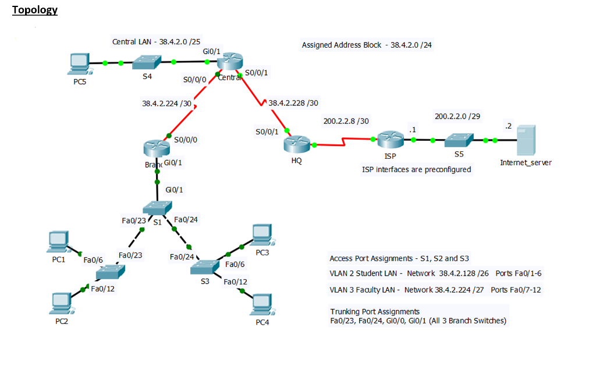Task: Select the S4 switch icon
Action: pos(147,62)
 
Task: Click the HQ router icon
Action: pos(296,144)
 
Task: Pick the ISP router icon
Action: pos(391,140)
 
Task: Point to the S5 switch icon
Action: pos(459,140)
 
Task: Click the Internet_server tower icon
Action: pos(526,140)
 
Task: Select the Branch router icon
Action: pos(157,148)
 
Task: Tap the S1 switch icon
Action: pos(157,208)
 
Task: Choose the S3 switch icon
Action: pos(204,267)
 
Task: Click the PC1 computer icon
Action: pos(59,242)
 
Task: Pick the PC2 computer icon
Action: pos(62,304)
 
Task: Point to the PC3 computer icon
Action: pos(262,235)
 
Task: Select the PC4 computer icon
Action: pos(262,305)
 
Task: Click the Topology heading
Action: pos(35,10)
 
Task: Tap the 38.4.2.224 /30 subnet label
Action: pos(167,104)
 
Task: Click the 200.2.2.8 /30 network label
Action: pos(346,121)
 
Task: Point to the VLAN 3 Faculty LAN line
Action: pos(435,290)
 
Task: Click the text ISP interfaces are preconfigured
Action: pos(417,169)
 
